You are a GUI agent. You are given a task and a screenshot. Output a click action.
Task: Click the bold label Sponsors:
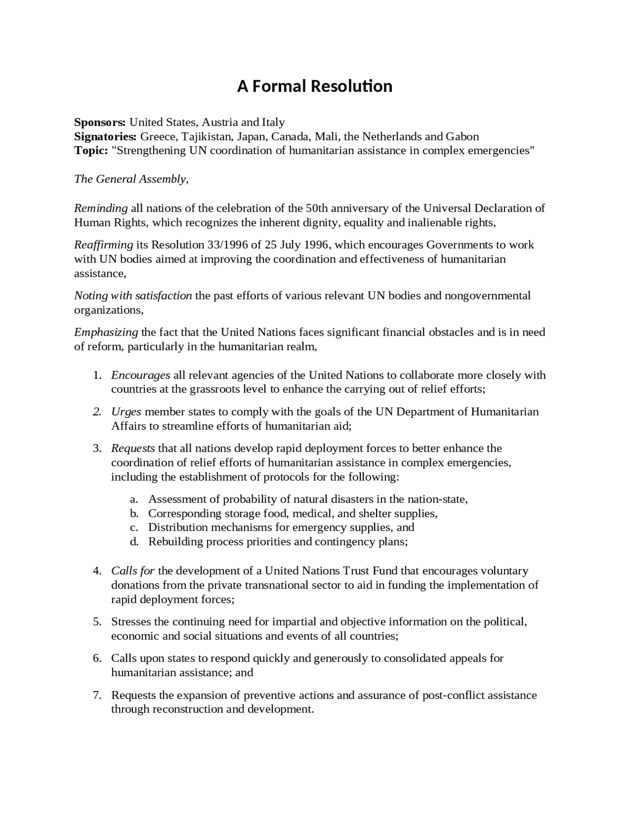click(x=100, y=122)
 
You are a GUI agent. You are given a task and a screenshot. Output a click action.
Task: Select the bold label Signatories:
click(x=105, y=136)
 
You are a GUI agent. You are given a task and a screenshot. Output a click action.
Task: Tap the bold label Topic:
click(x=91, y=151)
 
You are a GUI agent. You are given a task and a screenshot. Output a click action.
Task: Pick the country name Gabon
click(x=462, y=136)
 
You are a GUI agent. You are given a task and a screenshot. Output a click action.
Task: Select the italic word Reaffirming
click(x=104, y=245)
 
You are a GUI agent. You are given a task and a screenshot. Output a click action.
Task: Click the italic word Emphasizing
click(x=106, y=332)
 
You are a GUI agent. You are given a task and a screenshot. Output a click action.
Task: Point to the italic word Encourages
click(x=141, y=376)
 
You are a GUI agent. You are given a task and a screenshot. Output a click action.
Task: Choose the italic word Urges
click(x=126, y=412)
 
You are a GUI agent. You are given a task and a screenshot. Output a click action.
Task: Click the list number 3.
click(x=97, y=448)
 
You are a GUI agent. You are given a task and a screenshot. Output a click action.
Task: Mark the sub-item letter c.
click(x=133, y=528)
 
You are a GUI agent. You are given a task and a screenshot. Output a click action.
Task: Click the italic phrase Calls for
click(x=133, y=571)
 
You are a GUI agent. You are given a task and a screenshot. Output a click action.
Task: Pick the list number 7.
click(x=97, y=695)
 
